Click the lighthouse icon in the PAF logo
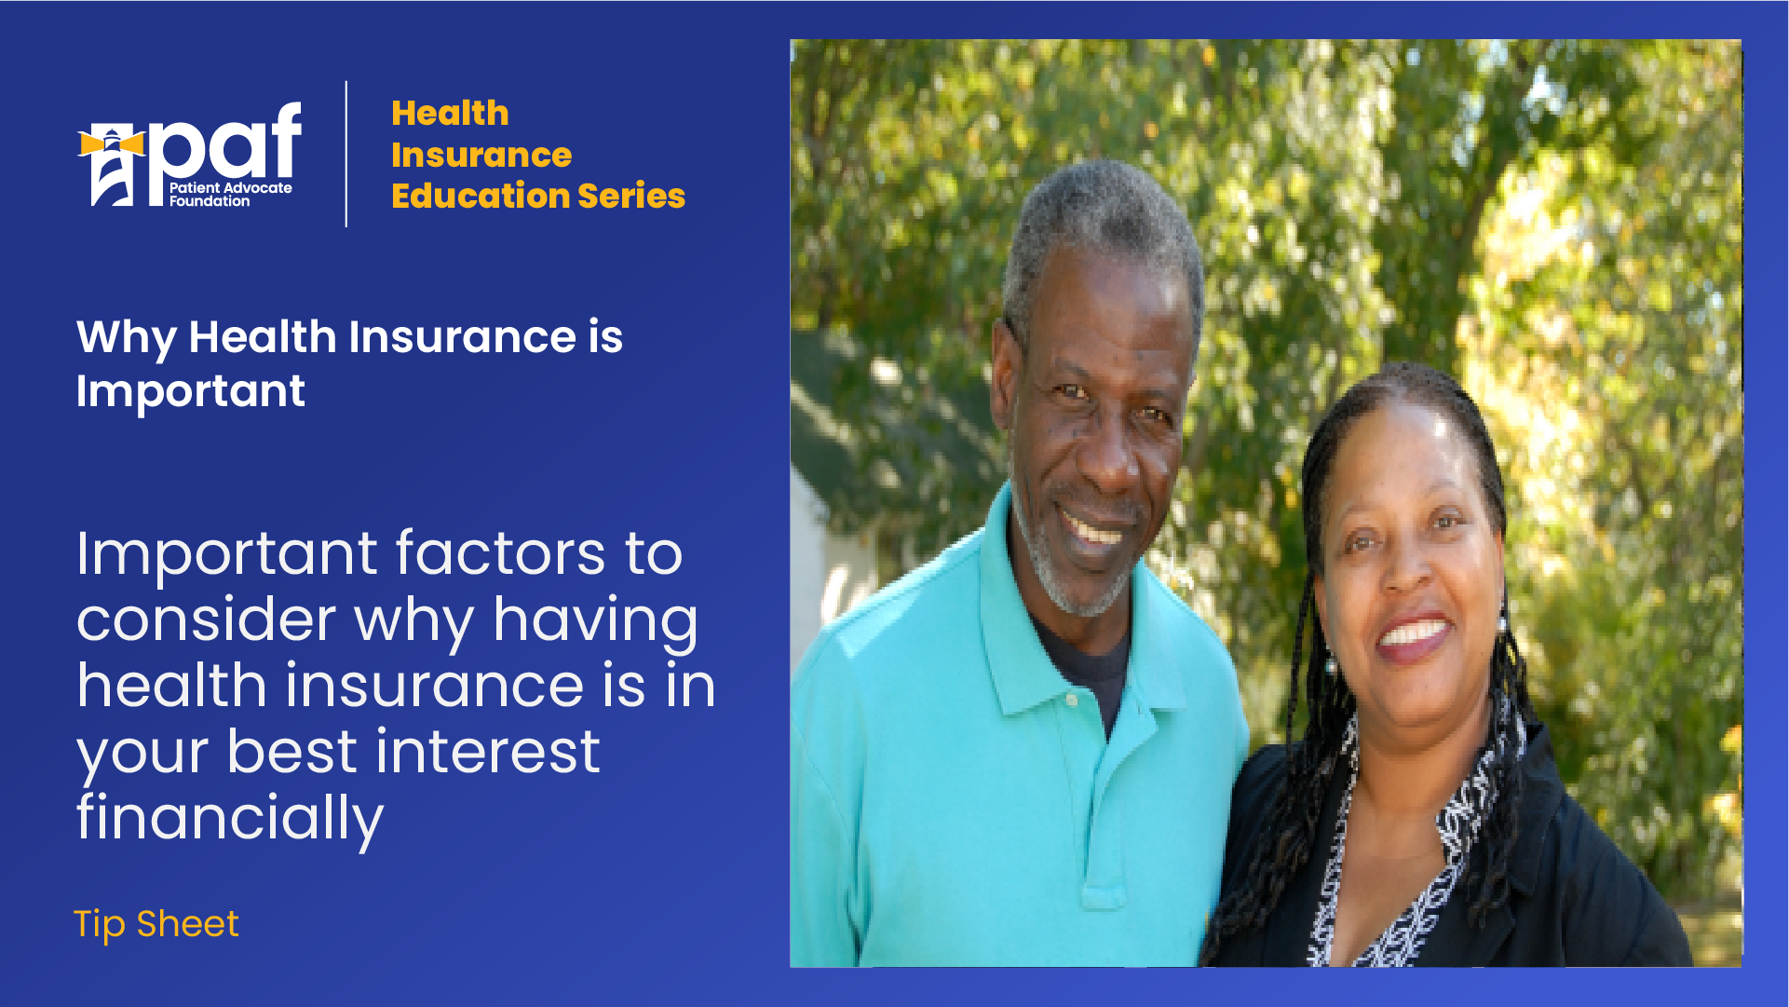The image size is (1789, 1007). click(x=112, y=166)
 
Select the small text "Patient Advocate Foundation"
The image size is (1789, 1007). click(x=230, y=195)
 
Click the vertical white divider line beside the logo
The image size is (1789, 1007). click(x=346, y=154)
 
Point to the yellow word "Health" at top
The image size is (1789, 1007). click(x=450, y=113)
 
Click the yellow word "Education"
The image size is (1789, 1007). click(x=480, y=196)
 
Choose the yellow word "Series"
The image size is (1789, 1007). click(x=631, y=196)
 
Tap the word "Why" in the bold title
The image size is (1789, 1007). click(x=127, y=338)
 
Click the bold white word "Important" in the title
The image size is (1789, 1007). click(x=191, y=391)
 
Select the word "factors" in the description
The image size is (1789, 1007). click(x=501, y=553)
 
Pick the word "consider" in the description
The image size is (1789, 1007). click(x=206, y=620)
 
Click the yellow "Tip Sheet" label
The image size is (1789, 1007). click(x=156, y=924)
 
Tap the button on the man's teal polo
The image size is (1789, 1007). click(x=1073, y=699)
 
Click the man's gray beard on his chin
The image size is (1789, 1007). click(x=1080, y=582)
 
